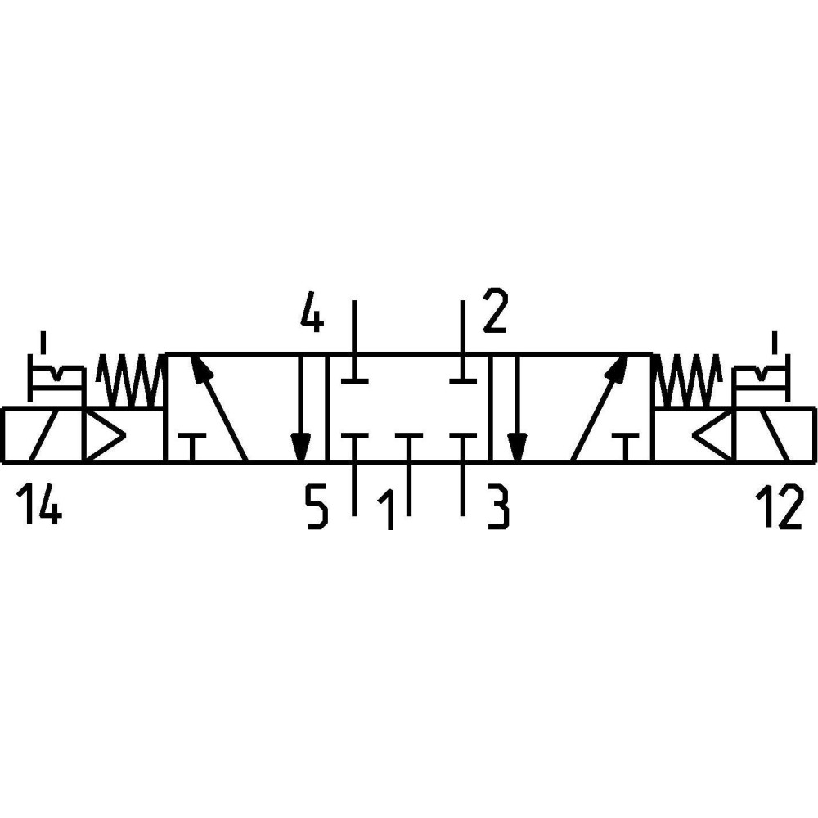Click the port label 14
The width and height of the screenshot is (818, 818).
tap(39, 503)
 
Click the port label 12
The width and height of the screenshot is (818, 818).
tap(779, 506)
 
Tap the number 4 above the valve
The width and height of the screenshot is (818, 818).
tap(312, 315)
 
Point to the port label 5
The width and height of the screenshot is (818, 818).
tap(317, 506)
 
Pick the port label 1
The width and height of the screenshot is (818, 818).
tap(386, 510)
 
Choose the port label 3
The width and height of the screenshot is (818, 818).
tap(497, 506)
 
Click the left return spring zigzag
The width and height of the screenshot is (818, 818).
tap(129, 380)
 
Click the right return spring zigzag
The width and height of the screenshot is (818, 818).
tap(689, 380)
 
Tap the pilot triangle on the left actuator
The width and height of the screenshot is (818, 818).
tap(106, 436)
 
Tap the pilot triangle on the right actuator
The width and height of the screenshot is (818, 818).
tap(712, 436)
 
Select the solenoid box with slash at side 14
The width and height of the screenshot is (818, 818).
tap(43, 436)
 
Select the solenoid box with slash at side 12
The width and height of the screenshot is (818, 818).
tap(775, 436)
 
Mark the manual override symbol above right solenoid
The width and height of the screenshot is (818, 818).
tap(762, 371)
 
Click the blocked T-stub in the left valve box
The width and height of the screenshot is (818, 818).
tap(192, 447)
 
